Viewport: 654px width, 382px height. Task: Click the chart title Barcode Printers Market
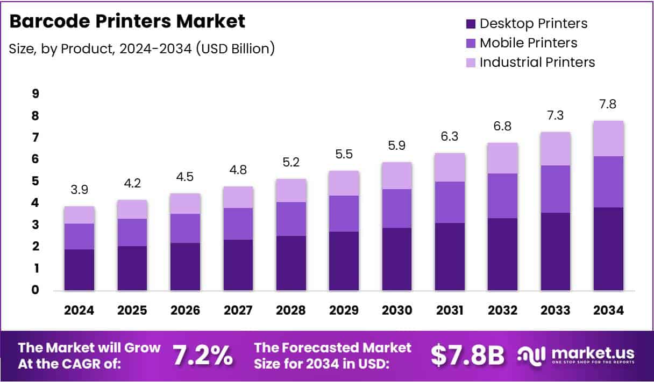click(x=127, y=22)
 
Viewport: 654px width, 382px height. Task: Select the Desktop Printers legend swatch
click(x=471, y=24)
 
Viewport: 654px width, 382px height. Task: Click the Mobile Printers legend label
click(x=528, y=43)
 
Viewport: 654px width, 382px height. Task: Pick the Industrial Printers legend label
click(x=537, y=62)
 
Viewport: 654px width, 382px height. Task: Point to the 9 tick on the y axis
click(x=35, y=94)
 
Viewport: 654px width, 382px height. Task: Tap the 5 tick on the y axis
click(x=35, y=181)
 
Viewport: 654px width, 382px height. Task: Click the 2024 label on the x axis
click(x=79, y=311)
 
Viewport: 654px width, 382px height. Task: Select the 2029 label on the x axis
click(x=344, y=311)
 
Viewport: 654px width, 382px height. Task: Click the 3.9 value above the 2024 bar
click(x=79, y=191)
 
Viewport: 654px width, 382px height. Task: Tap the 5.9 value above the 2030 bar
click(x=396, y=147)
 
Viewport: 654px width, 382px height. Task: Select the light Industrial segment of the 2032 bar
click(x=502, y=158)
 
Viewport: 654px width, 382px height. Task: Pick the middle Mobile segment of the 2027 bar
click(x=238, y=224)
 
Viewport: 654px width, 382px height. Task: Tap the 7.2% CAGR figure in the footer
click(x=203, y=355)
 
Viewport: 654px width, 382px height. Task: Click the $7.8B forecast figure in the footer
click(x=467, y=355)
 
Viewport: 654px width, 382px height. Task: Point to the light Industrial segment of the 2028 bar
click(x=290, y=190)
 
